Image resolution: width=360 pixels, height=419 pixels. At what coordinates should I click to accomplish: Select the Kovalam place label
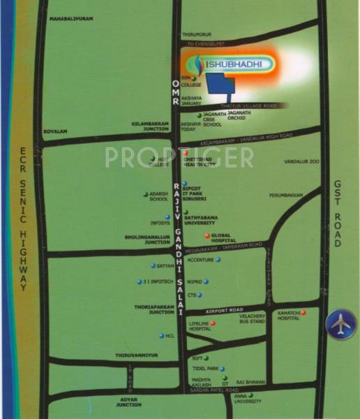[54, 130]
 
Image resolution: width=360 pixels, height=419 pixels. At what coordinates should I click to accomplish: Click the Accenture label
[200, 259]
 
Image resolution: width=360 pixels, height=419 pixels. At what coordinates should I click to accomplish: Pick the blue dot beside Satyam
[153, 266]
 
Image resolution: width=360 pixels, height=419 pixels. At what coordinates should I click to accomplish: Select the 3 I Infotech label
[158, 281]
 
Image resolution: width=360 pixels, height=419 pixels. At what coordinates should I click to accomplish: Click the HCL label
[170, 336]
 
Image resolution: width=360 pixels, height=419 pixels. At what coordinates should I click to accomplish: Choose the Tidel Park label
[210, 368]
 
